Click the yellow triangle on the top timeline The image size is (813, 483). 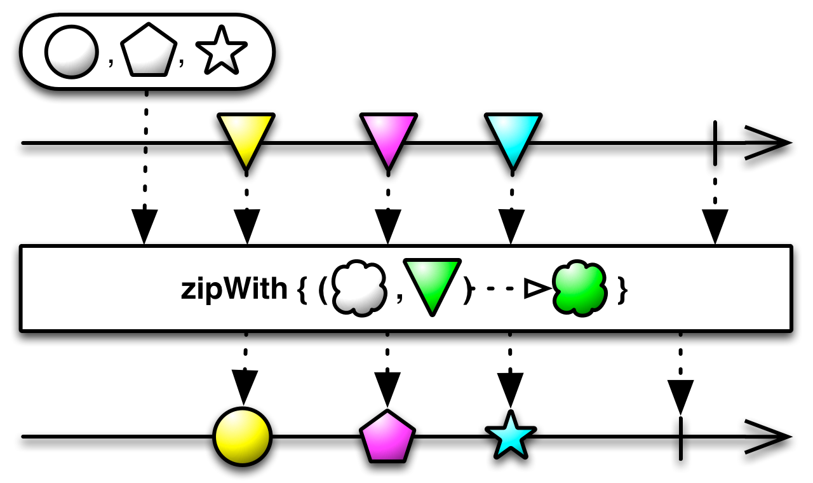tap(246, 137)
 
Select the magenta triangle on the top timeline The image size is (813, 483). tap(388, 137)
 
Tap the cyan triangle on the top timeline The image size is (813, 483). tap(513, 137)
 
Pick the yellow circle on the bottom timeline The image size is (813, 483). tap(243, 437)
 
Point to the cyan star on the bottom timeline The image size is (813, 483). tap(510, 436)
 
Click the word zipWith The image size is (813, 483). tap(233, 290)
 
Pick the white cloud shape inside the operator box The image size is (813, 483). tap(359, 289)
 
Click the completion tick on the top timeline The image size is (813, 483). tap(715, 143)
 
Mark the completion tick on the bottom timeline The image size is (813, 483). tap(680, 437)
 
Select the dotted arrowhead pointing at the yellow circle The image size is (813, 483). tap(245, 386)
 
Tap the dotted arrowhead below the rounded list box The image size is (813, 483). tap(145, 226)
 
